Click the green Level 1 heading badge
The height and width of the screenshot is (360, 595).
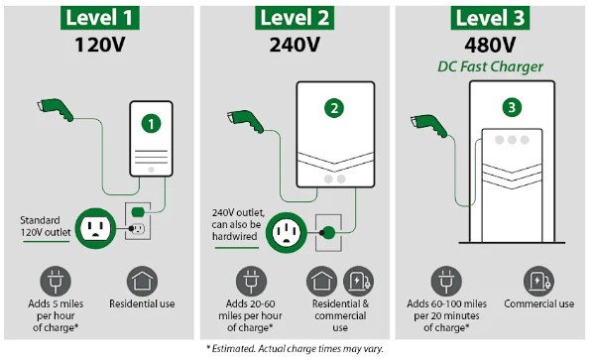coord(100,18)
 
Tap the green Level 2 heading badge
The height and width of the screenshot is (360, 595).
coord(295,18)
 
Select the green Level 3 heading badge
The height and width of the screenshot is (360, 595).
coord(490,18)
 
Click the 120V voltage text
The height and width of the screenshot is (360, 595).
coord(100,45)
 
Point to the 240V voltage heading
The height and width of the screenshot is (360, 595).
coord(295,45)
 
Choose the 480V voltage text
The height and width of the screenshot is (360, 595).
coord(490,46)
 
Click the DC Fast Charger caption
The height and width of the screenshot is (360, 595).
coord(490,66)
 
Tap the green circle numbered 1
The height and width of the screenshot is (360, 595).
coord(151,124)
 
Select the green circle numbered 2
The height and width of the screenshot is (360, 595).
coord(334,108)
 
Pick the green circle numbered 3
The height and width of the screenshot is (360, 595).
coord(512,107)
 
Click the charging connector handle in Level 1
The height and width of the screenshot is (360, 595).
coord(56,109)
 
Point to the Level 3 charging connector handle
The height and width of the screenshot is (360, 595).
coord(429,125)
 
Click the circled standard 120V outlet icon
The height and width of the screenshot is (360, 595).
coord(95,228)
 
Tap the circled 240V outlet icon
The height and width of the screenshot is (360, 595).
coord(287,232)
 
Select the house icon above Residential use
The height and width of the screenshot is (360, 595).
coord(142,281)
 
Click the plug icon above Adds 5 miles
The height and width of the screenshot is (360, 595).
coord(56,281)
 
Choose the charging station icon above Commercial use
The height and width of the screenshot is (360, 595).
coord(538,281)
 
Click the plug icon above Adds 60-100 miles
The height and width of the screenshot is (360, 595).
coord(446,281)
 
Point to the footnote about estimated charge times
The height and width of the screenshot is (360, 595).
coord(295,349)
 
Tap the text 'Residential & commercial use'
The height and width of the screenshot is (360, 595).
coord(340,315)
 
